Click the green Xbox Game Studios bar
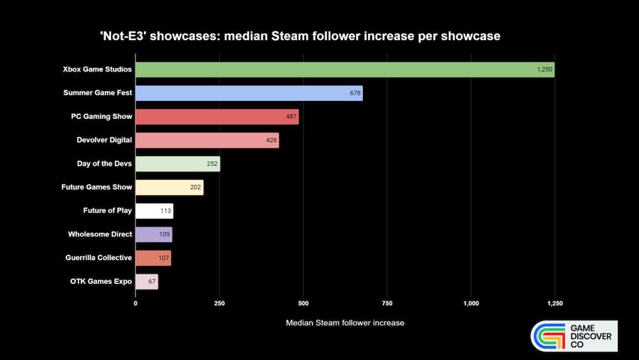pyautogui.click(x=345, y=69)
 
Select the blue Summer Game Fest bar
pyautogui.click(x=249, y=93)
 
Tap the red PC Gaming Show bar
pyautogui.click(x=217, y=116)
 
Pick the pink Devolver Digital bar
pyautogui.click(x=207, y=140)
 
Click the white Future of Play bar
pyautogui.click(x=154, y=211)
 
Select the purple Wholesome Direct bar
pyautogui.click(x=153, y=235)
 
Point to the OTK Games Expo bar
pyautogui.click(x=146, y=281)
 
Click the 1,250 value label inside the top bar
pyautogui.click(x=544, y=69)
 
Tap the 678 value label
pyautogui.click(x=355, y=93)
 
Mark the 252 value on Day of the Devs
pyautogui.click(x=212, y=164)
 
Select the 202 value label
pyautogui.click(x=196, y=187)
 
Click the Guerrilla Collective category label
pyautogui.click(x=98, y=258)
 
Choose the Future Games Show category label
pyautogui.click(x=96, y=187)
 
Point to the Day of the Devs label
pyautogui.click(x=104, y=164)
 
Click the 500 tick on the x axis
pyautogui.click(x=304, y=303)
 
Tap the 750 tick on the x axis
pyautogui.click(x=387, y=303)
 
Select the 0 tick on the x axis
pyautogui.click(x=135, y=303)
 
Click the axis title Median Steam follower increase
pyautogui.click(x=344, y=323)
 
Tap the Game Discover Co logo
pyautogui.click(x=574, y=336)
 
